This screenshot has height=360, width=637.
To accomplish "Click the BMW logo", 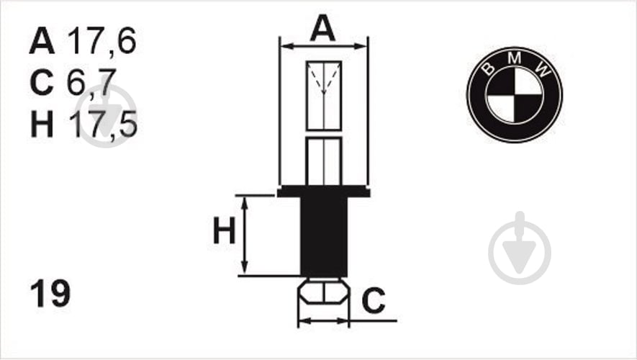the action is (515, 94).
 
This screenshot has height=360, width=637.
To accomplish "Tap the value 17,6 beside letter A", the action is (102, 41).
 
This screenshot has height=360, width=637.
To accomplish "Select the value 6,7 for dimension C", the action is (91, 83).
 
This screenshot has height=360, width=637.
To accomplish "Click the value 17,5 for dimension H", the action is (103, 124).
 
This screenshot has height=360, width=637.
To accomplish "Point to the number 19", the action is (50, 293).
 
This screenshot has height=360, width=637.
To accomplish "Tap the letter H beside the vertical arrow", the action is (225, 230).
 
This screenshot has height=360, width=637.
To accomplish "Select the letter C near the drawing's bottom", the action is (374, 301).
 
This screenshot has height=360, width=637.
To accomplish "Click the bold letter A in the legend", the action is (42, 41).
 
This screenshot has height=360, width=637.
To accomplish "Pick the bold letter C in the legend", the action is (42, 83).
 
